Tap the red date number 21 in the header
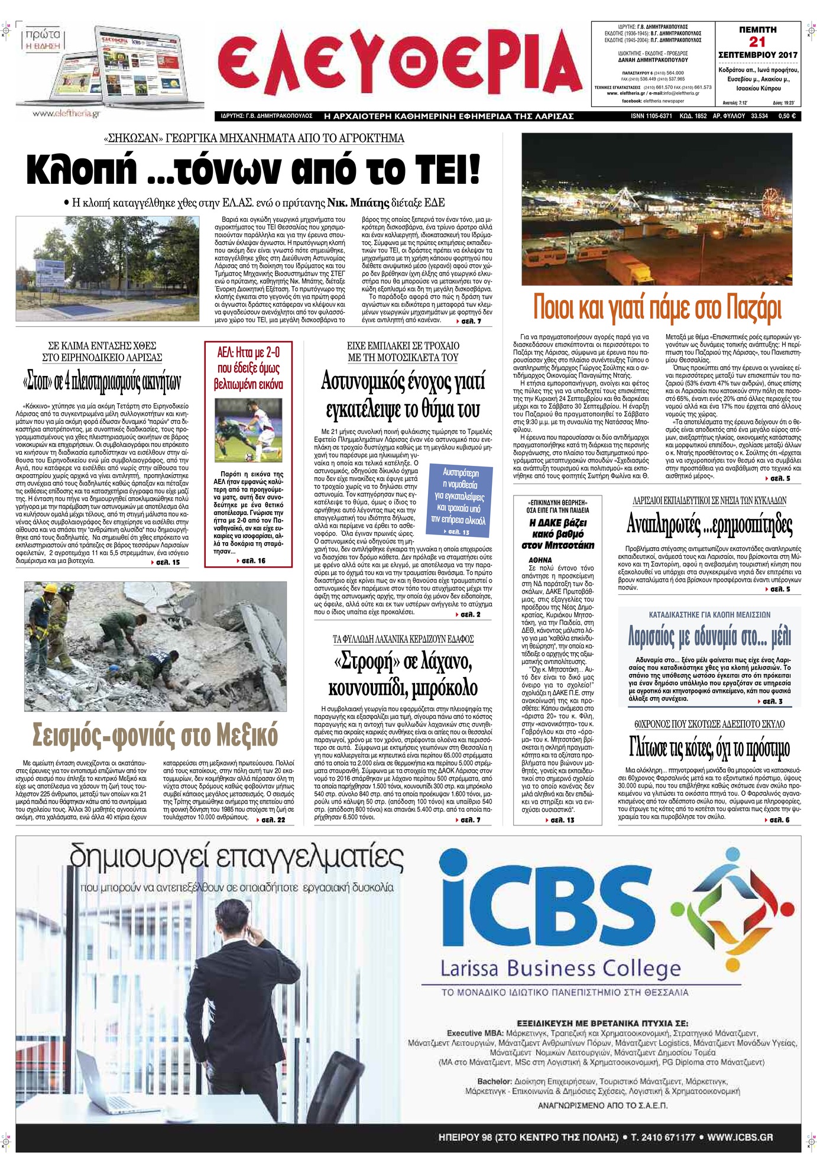point(757,41)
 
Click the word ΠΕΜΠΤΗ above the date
point(757,29)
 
